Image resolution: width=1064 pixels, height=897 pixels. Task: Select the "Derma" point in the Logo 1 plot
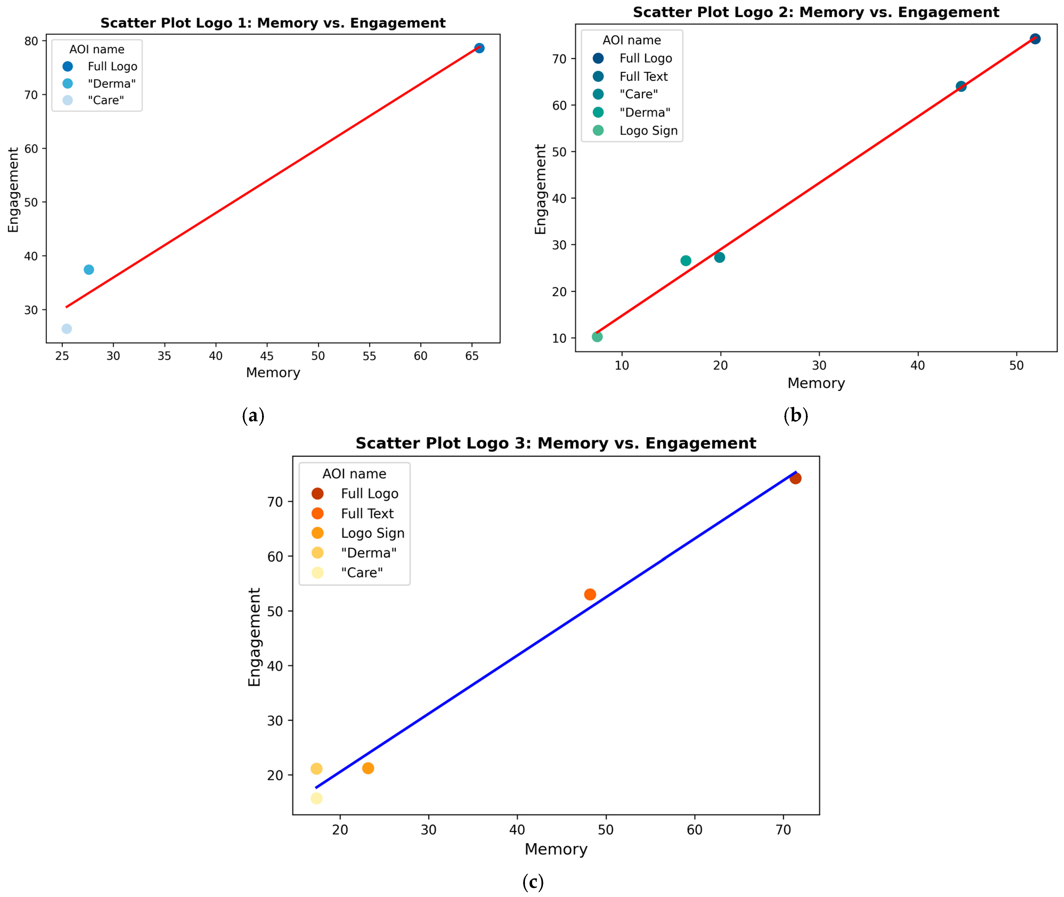(x=88, y=269)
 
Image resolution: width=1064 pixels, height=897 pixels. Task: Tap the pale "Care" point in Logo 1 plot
(x=67, y=329)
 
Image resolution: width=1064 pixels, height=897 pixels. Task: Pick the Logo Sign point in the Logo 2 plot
(x=597, y=337)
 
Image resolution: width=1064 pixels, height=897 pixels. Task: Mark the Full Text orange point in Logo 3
(x=590, y=595)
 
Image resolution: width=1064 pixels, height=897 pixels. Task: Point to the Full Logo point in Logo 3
(x=796, y=478)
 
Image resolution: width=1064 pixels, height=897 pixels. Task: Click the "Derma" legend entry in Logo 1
(x=111, y=83)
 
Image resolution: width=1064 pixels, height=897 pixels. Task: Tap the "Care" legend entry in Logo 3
(x=362, y=573)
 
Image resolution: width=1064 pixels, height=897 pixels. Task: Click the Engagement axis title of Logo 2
(x=540, y=189)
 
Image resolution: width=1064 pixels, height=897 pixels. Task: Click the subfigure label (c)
(x=532, y=882)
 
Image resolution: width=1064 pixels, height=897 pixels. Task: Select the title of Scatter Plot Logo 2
(x=816, y=12)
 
